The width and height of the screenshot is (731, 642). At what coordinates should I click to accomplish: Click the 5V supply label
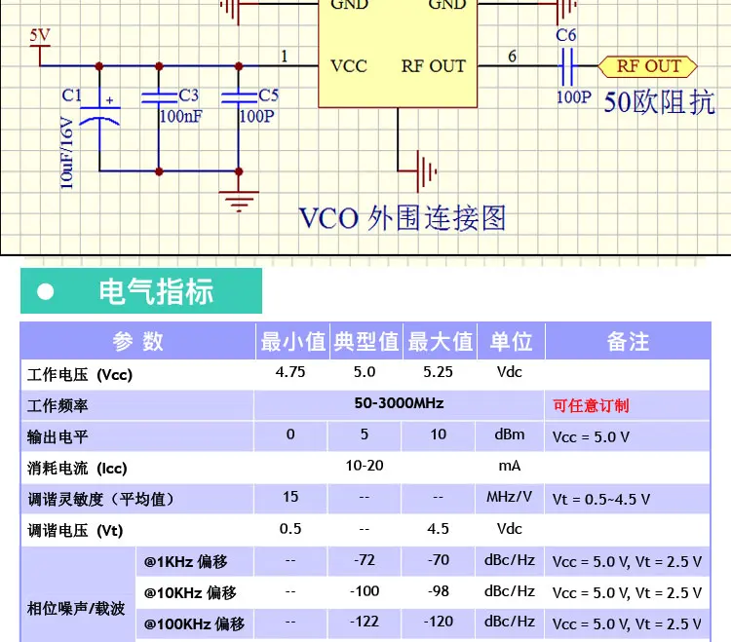pos(40,35)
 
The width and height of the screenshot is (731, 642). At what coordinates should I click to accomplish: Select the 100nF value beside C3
pos(181,116)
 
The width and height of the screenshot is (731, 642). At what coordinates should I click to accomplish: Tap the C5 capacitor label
pos(269,95)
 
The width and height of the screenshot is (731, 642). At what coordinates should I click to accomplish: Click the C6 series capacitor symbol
pos(567,66)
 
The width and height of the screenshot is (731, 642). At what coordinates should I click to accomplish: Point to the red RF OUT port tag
pos(647,66)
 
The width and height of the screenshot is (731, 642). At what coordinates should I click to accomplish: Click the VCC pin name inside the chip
pos(349,66)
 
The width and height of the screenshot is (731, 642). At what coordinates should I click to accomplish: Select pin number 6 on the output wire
pos(512,57)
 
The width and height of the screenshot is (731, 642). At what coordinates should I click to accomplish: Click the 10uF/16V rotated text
pos(67,153)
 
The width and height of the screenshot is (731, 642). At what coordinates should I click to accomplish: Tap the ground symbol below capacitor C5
pos(239,202)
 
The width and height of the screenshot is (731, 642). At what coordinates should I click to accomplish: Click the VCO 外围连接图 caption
pos(403,218)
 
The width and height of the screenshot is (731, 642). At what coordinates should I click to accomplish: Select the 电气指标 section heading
pos(156,291)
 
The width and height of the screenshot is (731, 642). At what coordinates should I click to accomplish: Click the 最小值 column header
pos(292,342)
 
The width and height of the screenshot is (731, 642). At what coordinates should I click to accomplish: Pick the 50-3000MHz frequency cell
pos(399,403)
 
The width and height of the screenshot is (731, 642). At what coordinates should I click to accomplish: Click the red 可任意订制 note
pos(591,406)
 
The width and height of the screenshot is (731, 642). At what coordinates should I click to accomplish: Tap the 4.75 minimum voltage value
pos(290,372)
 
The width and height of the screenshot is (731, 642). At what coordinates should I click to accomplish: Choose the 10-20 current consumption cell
pos(365,466)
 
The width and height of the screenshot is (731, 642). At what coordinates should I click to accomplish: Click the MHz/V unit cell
pos(510,497)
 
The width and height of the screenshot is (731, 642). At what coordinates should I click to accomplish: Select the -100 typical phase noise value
pos(365,591)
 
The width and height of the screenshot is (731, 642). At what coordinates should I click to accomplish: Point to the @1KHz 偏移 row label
pos(185,562)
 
